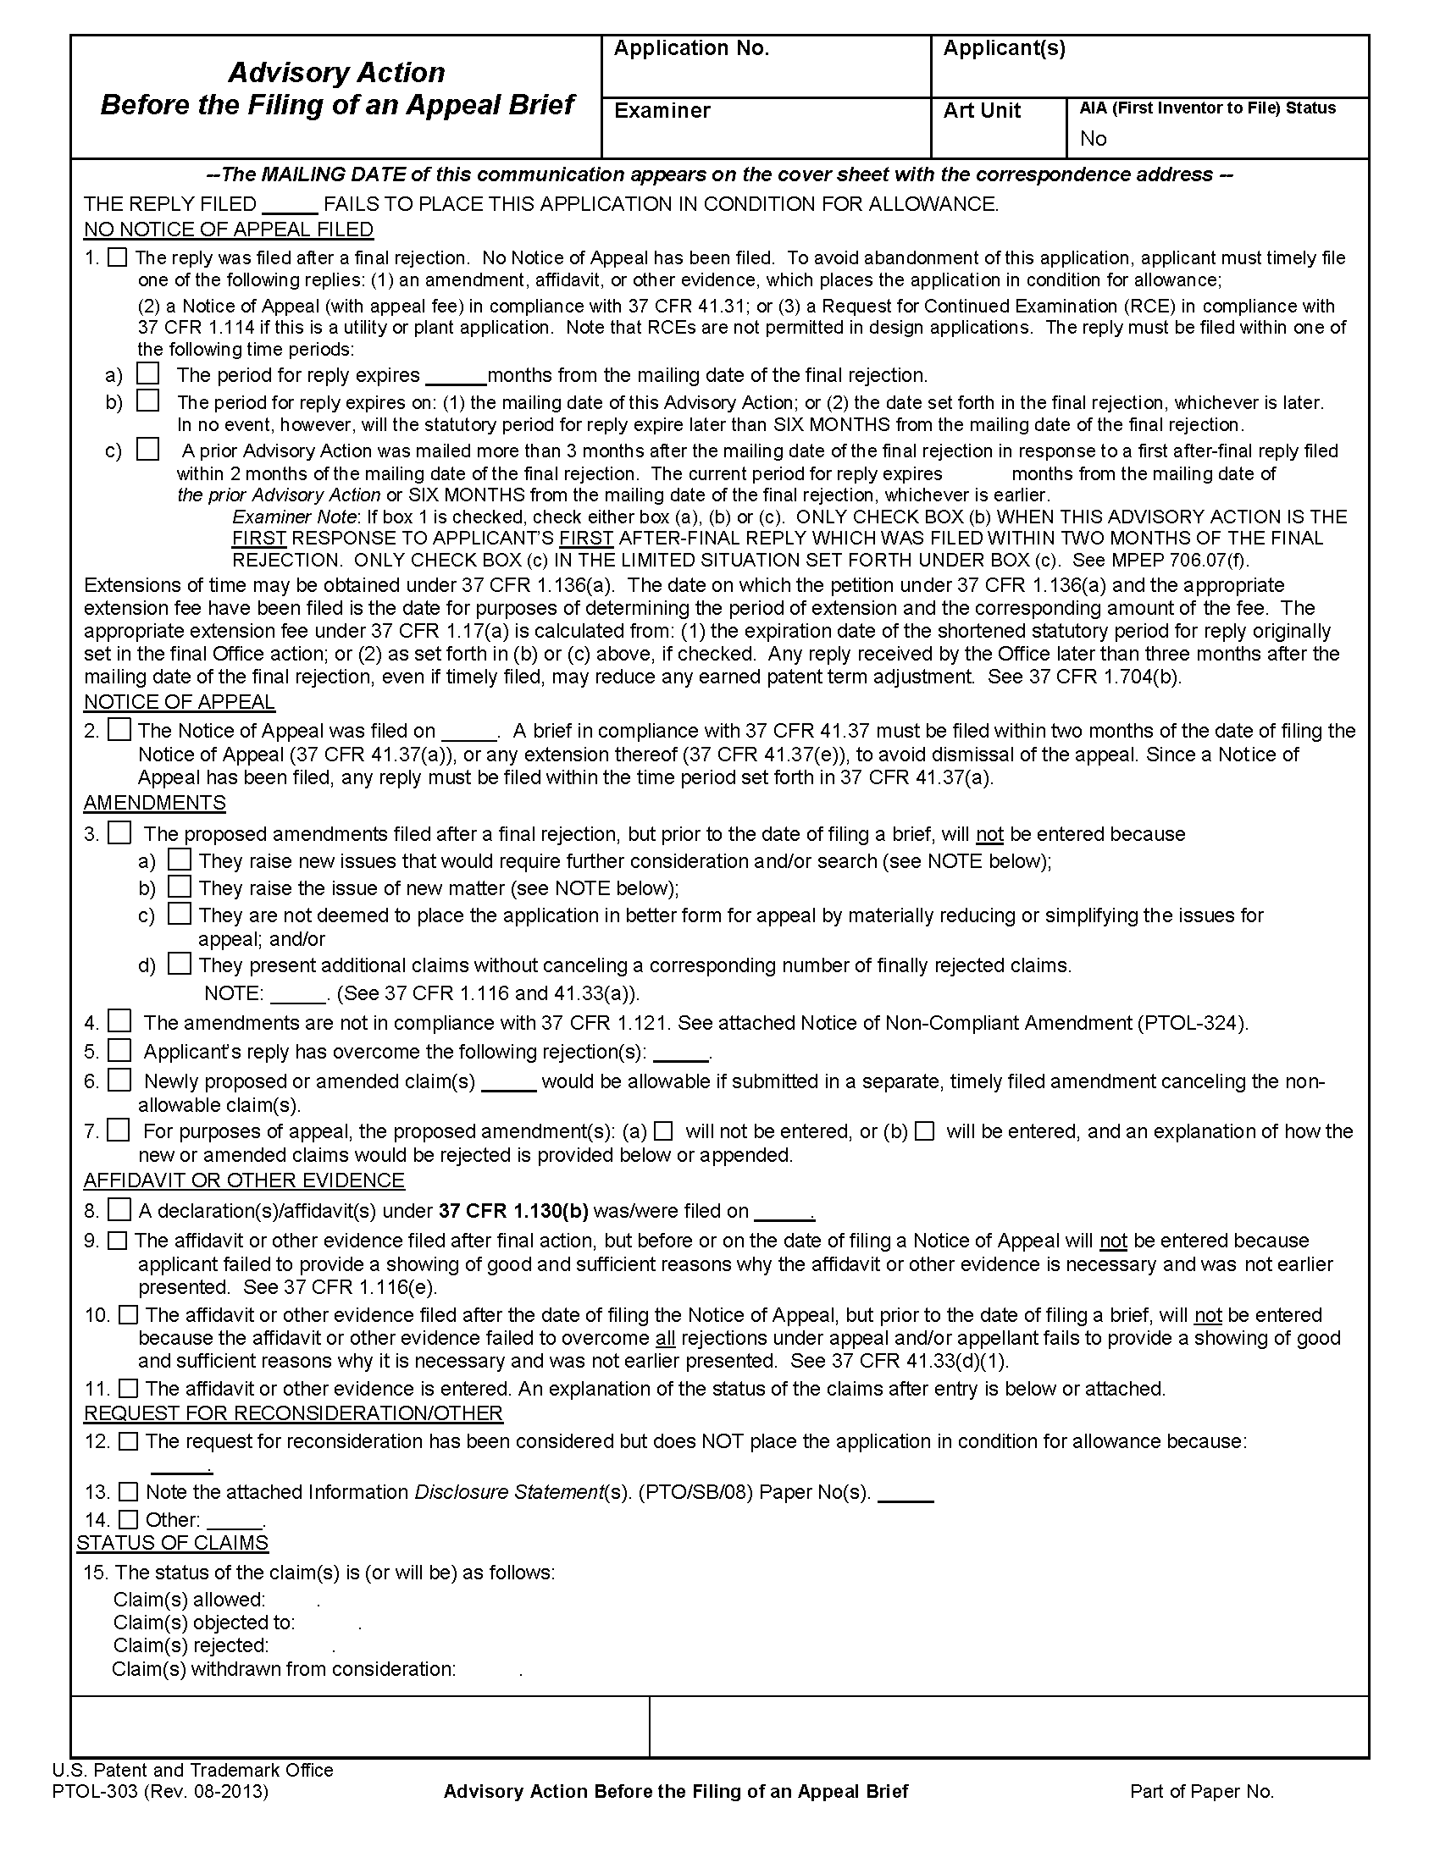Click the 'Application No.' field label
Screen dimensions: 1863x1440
click(691, 48)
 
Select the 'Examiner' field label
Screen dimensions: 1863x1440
click(662, 110)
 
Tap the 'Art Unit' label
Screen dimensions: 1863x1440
click(981, 110)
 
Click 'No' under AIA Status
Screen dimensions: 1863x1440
click(1093, 138)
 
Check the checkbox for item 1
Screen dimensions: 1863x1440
click(118, 257)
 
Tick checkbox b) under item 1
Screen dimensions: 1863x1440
click(148, 400)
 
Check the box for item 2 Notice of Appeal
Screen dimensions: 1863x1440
click(119, 730)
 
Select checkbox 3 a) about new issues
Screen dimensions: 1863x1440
click(179, 860)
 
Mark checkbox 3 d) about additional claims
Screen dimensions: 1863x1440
click(179, 965)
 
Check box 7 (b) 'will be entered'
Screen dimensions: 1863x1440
click(924, 1131)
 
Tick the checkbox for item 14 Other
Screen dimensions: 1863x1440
click(128, 1519)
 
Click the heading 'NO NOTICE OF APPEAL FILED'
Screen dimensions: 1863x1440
click(229, 229)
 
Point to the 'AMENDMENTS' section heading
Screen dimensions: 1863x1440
click(154, 803)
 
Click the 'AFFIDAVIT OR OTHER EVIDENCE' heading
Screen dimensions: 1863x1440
click(244, 1180)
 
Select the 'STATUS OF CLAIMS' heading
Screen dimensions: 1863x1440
click(172, 1542)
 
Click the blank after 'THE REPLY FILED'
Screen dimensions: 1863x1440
click(290, 205)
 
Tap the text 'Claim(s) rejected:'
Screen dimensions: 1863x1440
click(191, 1645)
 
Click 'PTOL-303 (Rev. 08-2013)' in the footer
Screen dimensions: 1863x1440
click(160, 1791)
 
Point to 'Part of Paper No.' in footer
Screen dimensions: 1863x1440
click(1201, 1791)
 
